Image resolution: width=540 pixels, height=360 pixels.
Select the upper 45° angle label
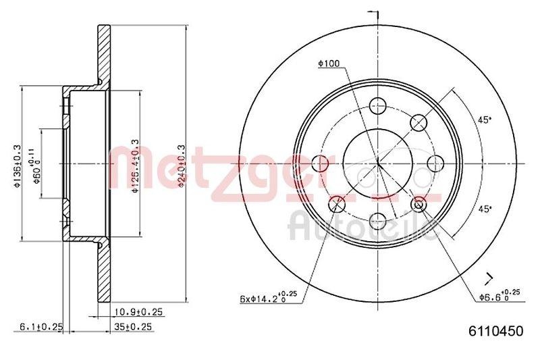click(x=485, y=120)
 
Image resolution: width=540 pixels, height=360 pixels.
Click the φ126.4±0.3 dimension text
click(x=135, y=166)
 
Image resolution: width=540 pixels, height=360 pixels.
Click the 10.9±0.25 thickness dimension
click(x=138, y=312)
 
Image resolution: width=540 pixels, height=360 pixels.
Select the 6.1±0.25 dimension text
click(x=41, y=327)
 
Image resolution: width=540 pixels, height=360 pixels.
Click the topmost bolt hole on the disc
click(x=378, y=105)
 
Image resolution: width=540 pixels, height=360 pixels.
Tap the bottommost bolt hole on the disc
click(x=378, y=219)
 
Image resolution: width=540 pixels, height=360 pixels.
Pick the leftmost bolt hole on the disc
click(x=321, y=162)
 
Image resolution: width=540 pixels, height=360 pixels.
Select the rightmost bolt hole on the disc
click(x=435, y=162)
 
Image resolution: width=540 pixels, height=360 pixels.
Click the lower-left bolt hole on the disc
click(x=337, y=203)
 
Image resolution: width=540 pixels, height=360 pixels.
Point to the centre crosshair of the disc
click(x=378, y=162)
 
